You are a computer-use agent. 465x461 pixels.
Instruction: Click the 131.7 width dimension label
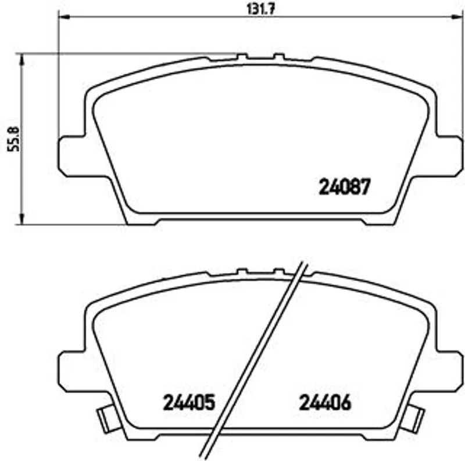point(261,9)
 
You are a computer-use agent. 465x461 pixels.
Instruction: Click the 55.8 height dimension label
point(13,139)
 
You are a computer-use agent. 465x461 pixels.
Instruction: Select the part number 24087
point(345,186)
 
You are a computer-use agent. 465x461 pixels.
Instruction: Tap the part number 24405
point(189,402)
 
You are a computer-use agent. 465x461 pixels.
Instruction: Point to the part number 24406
point(325,402)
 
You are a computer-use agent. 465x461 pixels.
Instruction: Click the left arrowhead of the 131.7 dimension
point(64,17)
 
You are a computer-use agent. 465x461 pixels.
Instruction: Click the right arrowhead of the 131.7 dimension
point(457,17)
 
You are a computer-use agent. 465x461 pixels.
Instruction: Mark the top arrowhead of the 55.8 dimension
point(22,59)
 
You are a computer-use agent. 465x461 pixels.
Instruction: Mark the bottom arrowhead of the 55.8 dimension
point(22,219)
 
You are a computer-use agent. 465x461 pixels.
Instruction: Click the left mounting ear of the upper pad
point(71,156)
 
